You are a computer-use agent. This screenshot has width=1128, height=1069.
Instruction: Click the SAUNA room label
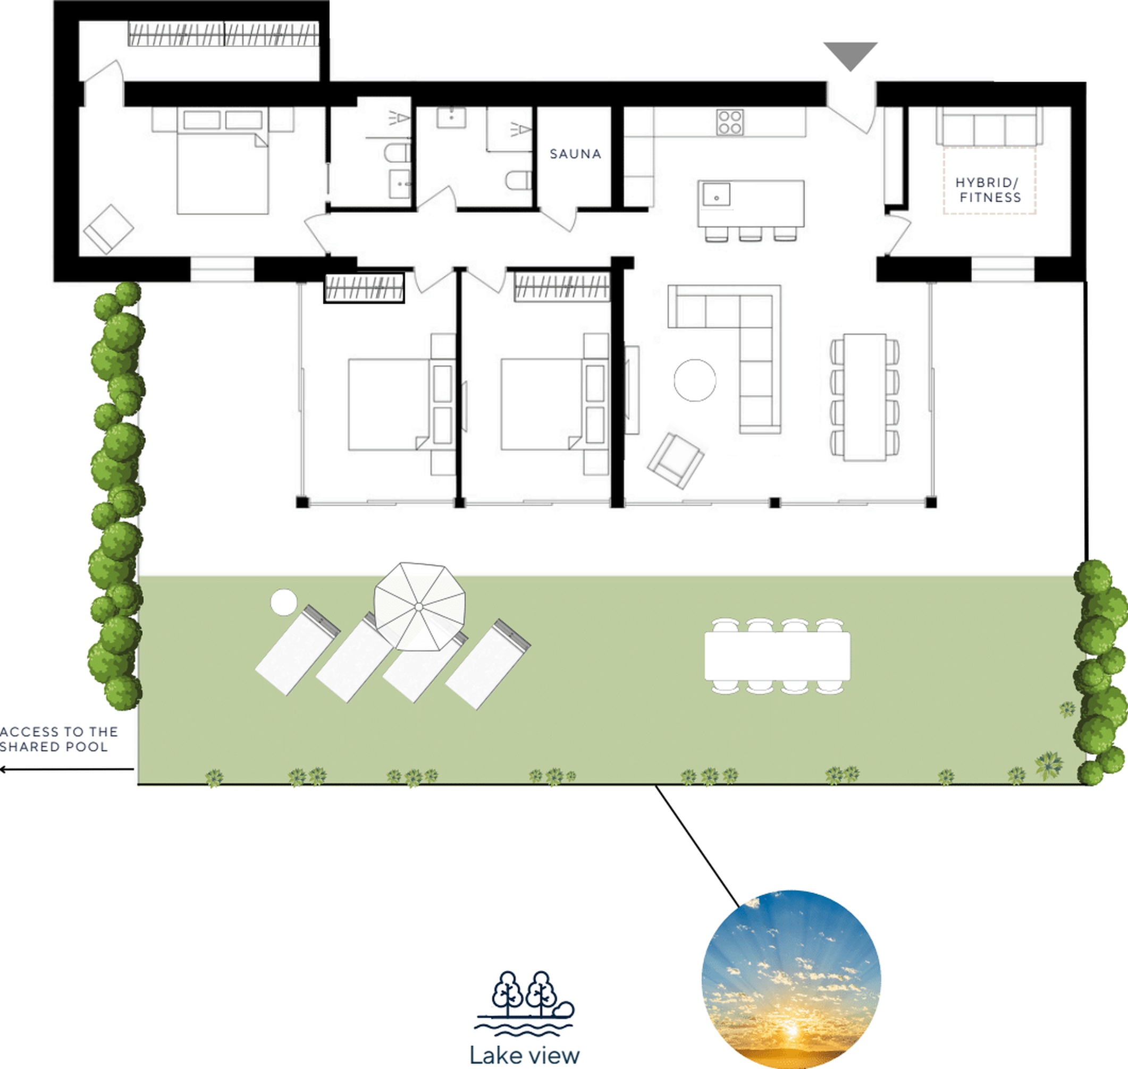click(575, 154)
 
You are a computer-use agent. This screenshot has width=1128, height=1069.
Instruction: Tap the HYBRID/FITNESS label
click(989, 190)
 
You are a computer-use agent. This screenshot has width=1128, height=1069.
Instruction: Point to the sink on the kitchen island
click(717, 194)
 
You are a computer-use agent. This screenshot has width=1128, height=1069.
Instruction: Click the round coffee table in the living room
click(695, 380)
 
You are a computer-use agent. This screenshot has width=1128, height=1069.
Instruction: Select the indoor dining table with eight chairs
click(865, 397)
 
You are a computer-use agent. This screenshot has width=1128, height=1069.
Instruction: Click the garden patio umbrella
click(419, 606)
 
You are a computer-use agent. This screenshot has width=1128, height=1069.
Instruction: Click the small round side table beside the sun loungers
click(283, 603)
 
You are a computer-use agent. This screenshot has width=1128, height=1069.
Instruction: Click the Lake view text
click(524, 1055)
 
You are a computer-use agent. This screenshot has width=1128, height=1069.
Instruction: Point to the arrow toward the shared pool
click(66, 769)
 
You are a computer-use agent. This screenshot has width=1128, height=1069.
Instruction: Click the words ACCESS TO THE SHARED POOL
click(58, 739)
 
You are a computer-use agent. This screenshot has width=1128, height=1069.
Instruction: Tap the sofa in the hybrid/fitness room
click(989, 126)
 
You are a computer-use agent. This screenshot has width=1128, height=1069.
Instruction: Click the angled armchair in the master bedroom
click(108, 229)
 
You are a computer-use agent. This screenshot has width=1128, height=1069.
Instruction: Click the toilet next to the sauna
click(518, 180)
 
